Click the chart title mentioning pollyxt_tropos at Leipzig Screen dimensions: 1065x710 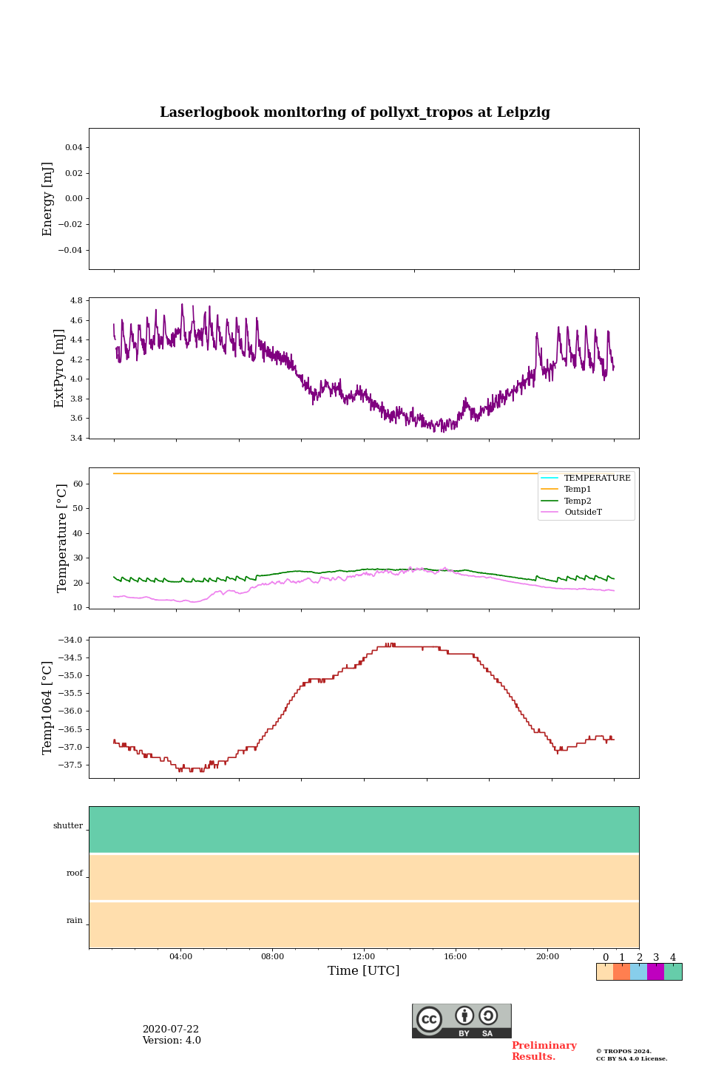[355, 112]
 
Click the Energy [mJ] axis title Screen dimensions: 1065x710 [48, 199]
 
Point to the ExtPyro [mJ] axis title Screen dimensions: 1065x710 [59, 368]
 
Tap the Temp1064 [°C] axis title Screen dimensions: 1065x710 [48, 708]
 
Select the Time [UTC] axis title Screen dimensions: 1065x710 [364, 970]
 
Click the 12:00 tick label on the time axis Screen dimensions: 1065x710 [364, 956]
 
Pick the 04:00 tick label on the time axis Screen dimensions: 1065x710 [180, 956]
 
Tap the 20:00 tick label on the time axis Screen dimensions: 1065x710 [547, 956]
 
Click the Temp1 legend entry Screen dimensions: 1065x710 [577, 490]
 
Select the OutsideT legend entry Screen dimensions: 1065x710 [583, 512]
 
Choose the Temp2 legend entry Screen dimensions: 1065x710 [577, 501]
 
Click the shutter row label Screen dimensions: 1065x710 [68, 826]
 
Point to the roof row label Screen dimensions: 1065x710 [75, 873]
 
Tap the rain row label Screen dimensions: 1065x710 [75, 921]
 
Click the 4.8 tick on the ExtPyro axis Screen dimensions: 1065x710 [76, 301]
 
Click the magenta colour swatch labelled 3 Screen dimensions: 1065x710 [655, 972]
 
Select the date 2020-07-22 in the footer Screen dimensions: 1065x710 [171, 1029]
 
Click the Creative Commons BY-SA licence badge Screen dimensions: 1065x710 [461, 1021]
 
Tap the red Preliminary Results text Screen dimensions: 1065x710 [544, 1051]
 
